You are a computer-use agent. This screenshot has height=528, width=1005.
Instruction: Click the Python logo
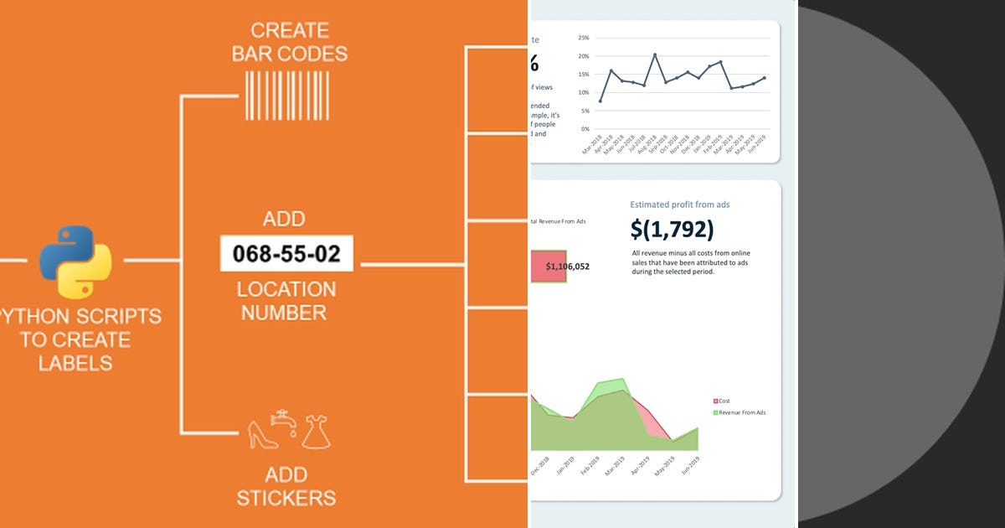pyautogui.click(x=75, y=261)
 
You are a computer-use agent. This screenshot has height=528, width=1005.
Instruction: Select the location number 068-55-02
pyautogui.click(x=286, y=254)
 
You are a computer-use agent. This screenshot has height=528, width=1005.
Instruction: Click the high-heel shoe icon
pyautogui.click(x=261, y=433)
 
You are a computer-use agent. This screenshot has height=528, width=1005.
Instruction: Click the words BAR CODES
pyautogui.click(x=287, y=54)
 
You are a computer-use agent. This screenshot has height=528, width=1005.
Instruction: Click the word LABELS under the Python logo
pyautogui.click(x=75, y=363)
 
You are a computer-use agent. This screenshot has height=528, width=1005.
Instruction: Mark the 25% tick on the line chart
pyautogui.click(x=584, y=38)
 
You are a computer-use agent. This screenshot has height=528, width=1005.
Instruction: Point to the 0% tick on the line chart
pyautogui.click(x=585, y=130)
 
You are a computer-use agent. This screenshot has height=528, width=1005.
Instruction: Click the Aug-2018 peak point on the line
pyautogui.click(x=655, y=55)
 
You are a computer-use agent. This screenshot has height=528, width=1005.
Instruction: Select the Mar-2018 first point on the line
pyautogui.click(x=600, y=101)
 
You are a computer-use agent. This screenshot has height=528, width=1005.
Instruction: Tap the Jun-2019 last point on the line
pyautogui.click(x=764, y=78)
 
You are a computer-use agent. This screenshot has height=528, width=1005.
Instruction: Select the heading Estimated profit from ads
pyautogui.click(x=685, y=204)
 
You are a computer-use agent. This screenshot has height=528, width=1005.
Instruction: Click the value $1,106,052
pyautogui.click(x=567, y=267)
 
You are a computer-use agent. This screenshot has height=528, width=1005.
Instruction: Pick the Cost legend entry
pyautogui.click(x=724, y=401)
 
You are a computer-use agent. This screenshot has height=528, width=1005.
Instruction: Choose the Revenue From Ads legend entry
pyautogui.click(x=741, y=412)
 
